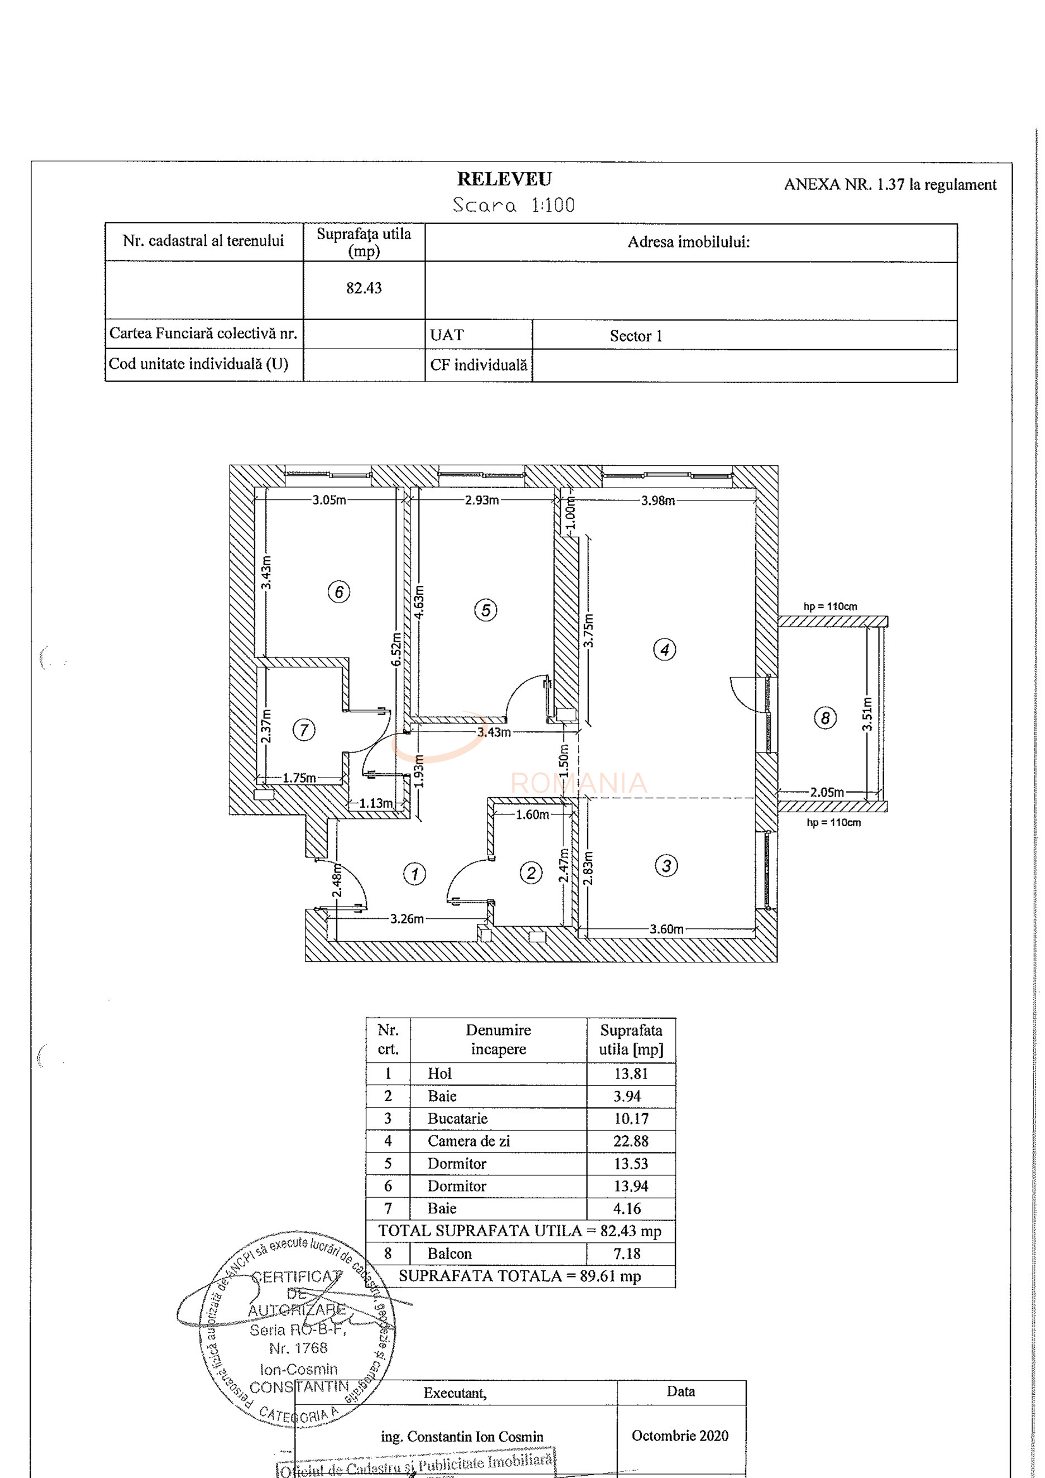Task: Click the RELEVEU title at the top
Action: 504,179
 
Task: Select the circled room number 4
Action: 664,650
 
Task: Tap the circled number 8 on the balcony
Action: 825,717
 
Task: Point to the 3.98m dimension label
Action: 657,500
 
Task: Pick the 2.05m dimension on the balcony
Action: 827,792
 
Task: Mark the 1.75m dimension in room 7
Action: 299,778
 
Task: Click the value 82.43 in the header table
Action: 364,288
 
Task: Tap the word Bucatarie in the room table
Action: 457,1118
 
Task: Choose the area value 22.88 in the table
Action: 631,1141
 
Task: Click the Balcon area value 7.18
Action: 627,1253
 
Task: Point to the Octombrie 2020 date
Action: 680,1435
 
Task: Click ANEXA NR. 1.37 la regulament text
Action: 889,185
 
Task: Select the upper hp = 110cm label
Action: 830,607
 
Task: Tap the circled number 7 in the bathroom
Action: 304,730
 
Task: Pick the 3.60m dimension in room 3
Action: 666,929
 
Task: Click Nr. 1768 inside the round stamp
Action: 298,1347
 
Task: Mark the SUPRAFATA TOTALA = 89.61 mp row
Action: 519,1276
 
